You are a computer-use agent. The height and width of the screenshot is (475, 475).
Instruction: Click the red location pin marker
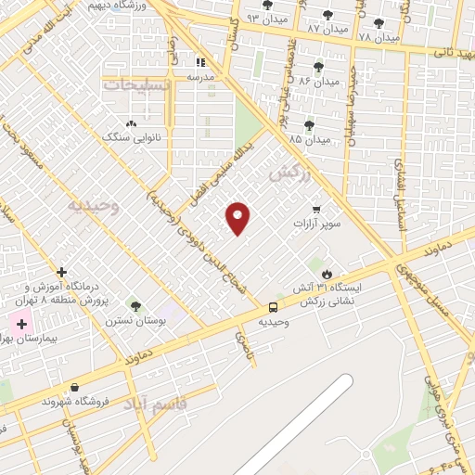coord(238,217)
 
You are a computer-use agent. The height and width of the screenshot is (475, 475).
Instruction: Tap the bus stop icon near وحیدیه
coord(274,307)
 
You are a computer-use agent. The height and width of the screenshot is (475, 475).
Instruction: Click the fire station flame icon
coord(327,273)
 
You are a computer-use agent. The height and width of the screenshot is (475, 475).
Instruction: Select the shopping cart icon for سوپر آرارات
coord(316,209)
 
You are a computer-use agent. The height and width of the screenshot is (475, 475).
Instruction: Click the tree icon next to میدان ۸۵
coord(309,125)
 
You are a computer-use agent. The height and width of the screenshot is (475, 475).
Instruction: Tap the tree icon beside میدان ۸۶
coord(318,66)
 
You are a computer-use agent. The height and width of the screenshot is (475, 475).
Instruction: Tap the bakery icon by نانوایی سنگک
coord(131,122)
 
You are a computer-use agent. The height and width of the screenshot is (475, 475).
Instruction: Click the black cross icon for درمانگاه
coord(61,273)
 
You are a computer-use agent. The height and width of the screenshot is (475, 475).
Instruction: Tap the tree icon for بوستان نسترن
coord(136,306)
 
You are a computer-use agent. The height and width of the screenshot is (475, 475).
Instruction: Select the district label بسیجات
coord(137,84)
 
